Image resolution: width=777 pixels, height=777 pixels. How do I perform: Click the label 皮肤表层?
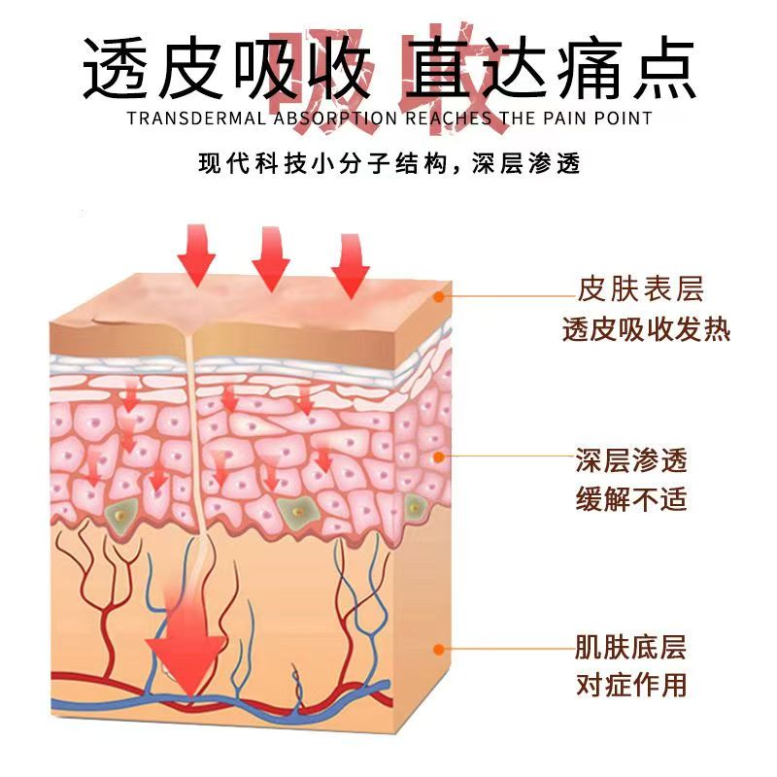click(640, 288)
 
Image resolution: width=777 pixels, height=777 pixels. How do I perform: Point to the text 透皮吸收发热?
click(646, 330)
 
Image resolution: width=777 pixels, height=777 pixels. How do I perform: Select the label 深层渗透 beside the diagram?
click(630, 458)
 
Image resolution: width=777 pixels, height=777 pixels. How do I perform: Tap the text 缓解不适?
click(630, 500)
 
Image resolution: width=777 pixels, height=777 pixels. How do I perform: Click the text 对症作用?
click(630, 685)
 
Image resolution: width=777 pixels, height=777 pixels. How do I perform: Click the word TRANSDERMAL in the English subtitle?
click(185, 118)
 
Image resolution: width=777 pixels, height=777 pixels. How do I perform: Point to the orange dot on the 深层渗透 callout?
click(439, 456)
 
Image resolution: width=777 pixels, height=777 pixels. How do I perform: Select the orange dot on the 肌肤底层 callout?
click(439, 648)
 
